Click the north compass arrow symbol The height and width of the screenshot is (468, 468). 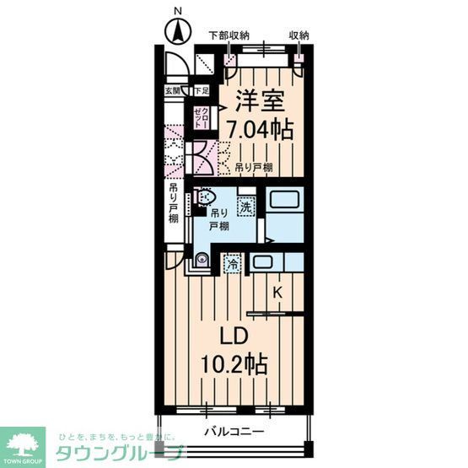pos(177,35)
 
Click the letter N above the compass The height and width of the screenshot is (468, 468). pos(177,11)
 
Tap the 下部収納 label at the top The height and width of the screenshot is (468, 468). pos(229,35)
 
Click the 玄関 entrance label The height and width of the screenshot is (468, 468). pos(172,90)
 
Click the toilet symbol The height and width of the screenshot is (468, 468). pos(202,196)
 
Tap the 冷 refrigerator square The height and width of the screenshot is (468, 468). pos(232,264)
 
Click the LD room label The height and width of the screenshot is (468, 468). pos(232,336)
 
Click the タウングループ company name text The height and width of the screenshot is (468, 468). pos(118,454)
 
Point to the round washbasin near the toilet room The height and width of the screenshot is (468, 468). pos(202,259)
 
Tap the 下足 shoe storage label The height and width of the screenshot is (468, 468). pos(201,90)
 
